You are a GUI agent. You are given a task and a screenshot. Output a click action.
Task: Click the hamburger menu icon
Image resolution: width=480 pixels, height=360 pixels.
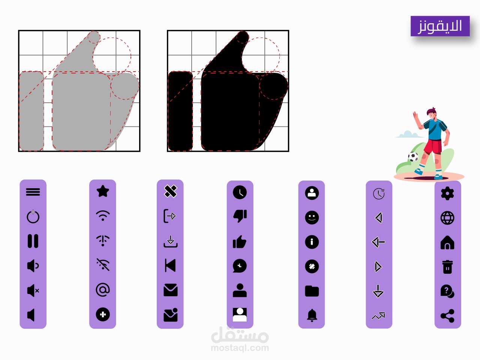pyautogui.click(x=33, y=192)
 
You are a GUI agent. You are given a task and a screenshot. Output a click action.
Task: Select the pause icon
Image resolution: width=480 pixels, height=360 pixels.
pyautogui.click(x=33, y=241)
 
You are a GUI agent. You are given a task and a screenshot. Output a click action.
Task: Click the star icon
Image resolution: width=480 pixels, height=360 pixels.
pyautogui.click(x=103, y=191)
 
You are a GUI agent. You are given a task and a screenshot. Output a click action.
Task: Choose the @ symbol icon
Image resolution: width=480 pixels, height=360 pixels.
pyautogui.click(x=103, y=290)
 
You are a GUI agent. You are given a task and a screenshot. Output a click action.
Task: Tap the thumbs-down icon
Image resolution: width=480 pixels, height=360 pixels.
pyautogui.click(x=240, y=216)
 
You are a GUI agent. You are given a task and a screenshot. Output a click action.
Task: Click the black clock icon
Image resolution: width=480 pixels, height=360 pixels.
pyautogui.click(x=240, y=192)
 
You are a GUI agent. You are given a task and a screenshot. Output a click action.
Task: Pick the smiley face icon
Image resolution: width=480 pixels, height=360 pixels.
pyautogui.click(x=312, y=217)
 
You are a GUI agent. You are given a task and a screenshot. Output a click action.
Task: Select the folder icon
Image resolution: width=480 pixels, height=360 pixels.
pyautogui.click(x=312, y=291)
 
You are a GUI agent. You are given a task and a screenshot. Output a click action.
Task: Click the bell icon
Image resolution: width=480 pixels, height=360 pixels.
pyautogui.click(x=312, y=315)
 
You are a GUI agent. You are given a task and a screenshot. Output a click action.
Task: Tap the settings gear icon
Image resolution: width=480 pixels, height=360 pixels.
pyautogui.click(x=447, y=193)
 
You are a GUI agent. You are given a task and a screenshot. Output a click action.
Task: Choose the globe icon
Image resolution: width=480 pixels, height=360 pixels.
pyautogui.click(x=447, y=218)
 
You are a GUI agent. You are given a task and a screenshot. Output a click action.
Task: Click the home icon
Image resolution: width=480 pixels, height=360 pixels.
pyautogui.click(x=447, y=242)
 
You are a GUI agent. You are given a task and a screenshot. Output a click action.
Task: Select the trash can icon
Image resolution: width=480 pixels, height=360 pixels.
pyautogui.click(x=447, y=267)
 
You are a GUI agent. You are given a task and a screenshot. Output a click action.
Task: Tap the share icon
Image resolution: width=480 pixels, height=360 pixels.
pyautogui.click(x=447, y=316)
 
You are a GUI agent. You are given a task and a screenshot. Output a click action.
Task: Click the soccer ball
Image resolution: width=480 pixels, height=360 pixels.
pyautogui.click(x=413, y=157)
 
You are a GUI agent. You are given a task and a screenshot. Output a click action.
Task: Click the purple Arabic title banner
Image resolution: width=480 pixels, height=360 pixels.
pyautogui.click(x=440, y=26)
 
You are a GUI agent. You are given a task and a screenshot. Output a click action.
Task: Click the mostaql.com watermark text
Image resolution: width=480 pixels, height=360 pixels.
pyautogui.click(x=240, y=348)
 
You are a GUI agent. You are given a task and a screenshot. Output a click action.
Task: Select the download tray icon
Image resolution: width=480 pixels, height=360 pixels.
pyautogui.click(x=171, y=241)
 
